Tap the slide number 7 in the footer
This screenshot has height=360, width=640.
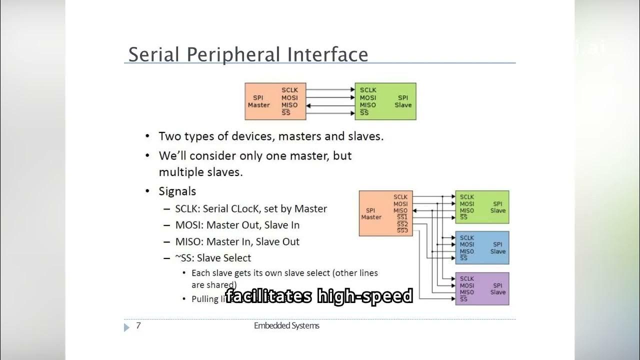(x=138, y=326)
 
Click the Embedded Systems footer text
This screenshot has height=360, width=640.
(x=286, y=326)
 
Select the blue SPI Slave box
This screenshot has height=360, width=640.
(x=482, y=247)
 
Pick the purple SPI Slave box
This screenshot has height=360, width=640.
(x=482, y=288)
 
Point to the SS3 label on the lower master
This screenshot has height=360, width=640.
(x=402, y=230)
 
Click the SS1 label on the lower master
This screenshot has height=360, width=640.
(x=402, y=217)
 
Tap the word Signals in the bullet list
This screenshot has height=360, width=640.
(x=177, y=191)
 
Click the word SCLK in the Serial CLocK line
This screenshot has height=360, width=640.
(x=186, y=208)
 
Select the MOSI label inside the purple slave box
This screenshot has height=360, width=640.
(x=467, y=285)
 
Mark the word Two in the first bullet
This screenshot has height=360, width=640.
(x=169, y=136)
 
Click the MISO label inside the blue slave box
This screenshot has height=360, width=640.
(x=467, y=251)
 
